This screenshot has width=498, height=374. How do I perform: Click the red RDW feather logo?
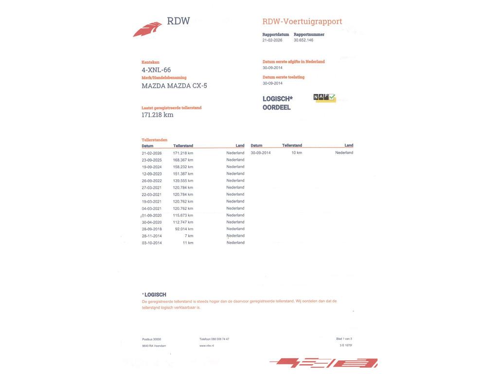[147, 29]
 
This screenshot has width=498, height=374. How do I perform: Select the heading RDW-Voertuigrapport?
[302, 21]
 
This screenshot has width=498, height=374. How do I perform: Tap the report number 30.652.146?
[303, 40]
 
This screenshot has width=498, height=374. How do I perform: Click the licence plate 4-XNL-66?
[156, 70]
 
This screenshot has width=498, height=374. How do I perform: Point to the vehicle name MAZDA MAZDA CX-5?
[174, 86]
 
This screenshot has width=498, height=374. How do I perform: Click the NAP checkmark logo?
[324, 98]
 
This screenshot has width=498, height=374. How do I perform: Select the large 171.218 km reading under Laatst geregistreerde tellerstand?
[158, 115]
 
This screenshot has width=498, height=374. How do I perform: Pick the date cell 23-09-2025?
[152, 160]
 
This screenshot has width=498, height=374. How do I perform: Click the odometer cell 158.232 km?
[183, 167]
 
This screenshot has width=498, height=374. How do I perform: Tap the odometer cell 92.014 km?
[184, 229]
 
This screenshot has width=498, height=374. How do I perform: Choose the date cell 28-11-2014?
[152, 236]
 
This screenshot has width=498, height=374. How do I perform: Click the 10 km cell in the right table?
[297, 153]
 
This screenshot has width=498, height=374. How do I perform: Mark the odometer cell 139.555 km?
[183, 181]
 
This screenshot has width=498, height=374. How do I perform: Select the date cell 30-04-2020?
[152, 222]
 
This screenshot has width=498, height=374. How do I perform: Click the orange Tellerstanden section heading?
[154, 140]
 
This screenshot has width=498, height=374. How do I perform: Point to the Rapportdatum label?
[276, 35]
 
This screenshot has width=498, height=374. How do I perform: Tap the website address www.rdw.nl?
[206, 346]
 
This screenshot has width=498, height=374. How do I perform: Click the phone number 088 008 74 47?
[220, 339]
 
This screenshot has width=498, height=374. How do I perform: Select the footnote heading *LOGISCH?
[154, 295]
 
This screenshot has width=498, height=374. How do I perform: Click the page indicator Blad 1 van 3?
[344, 339]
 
